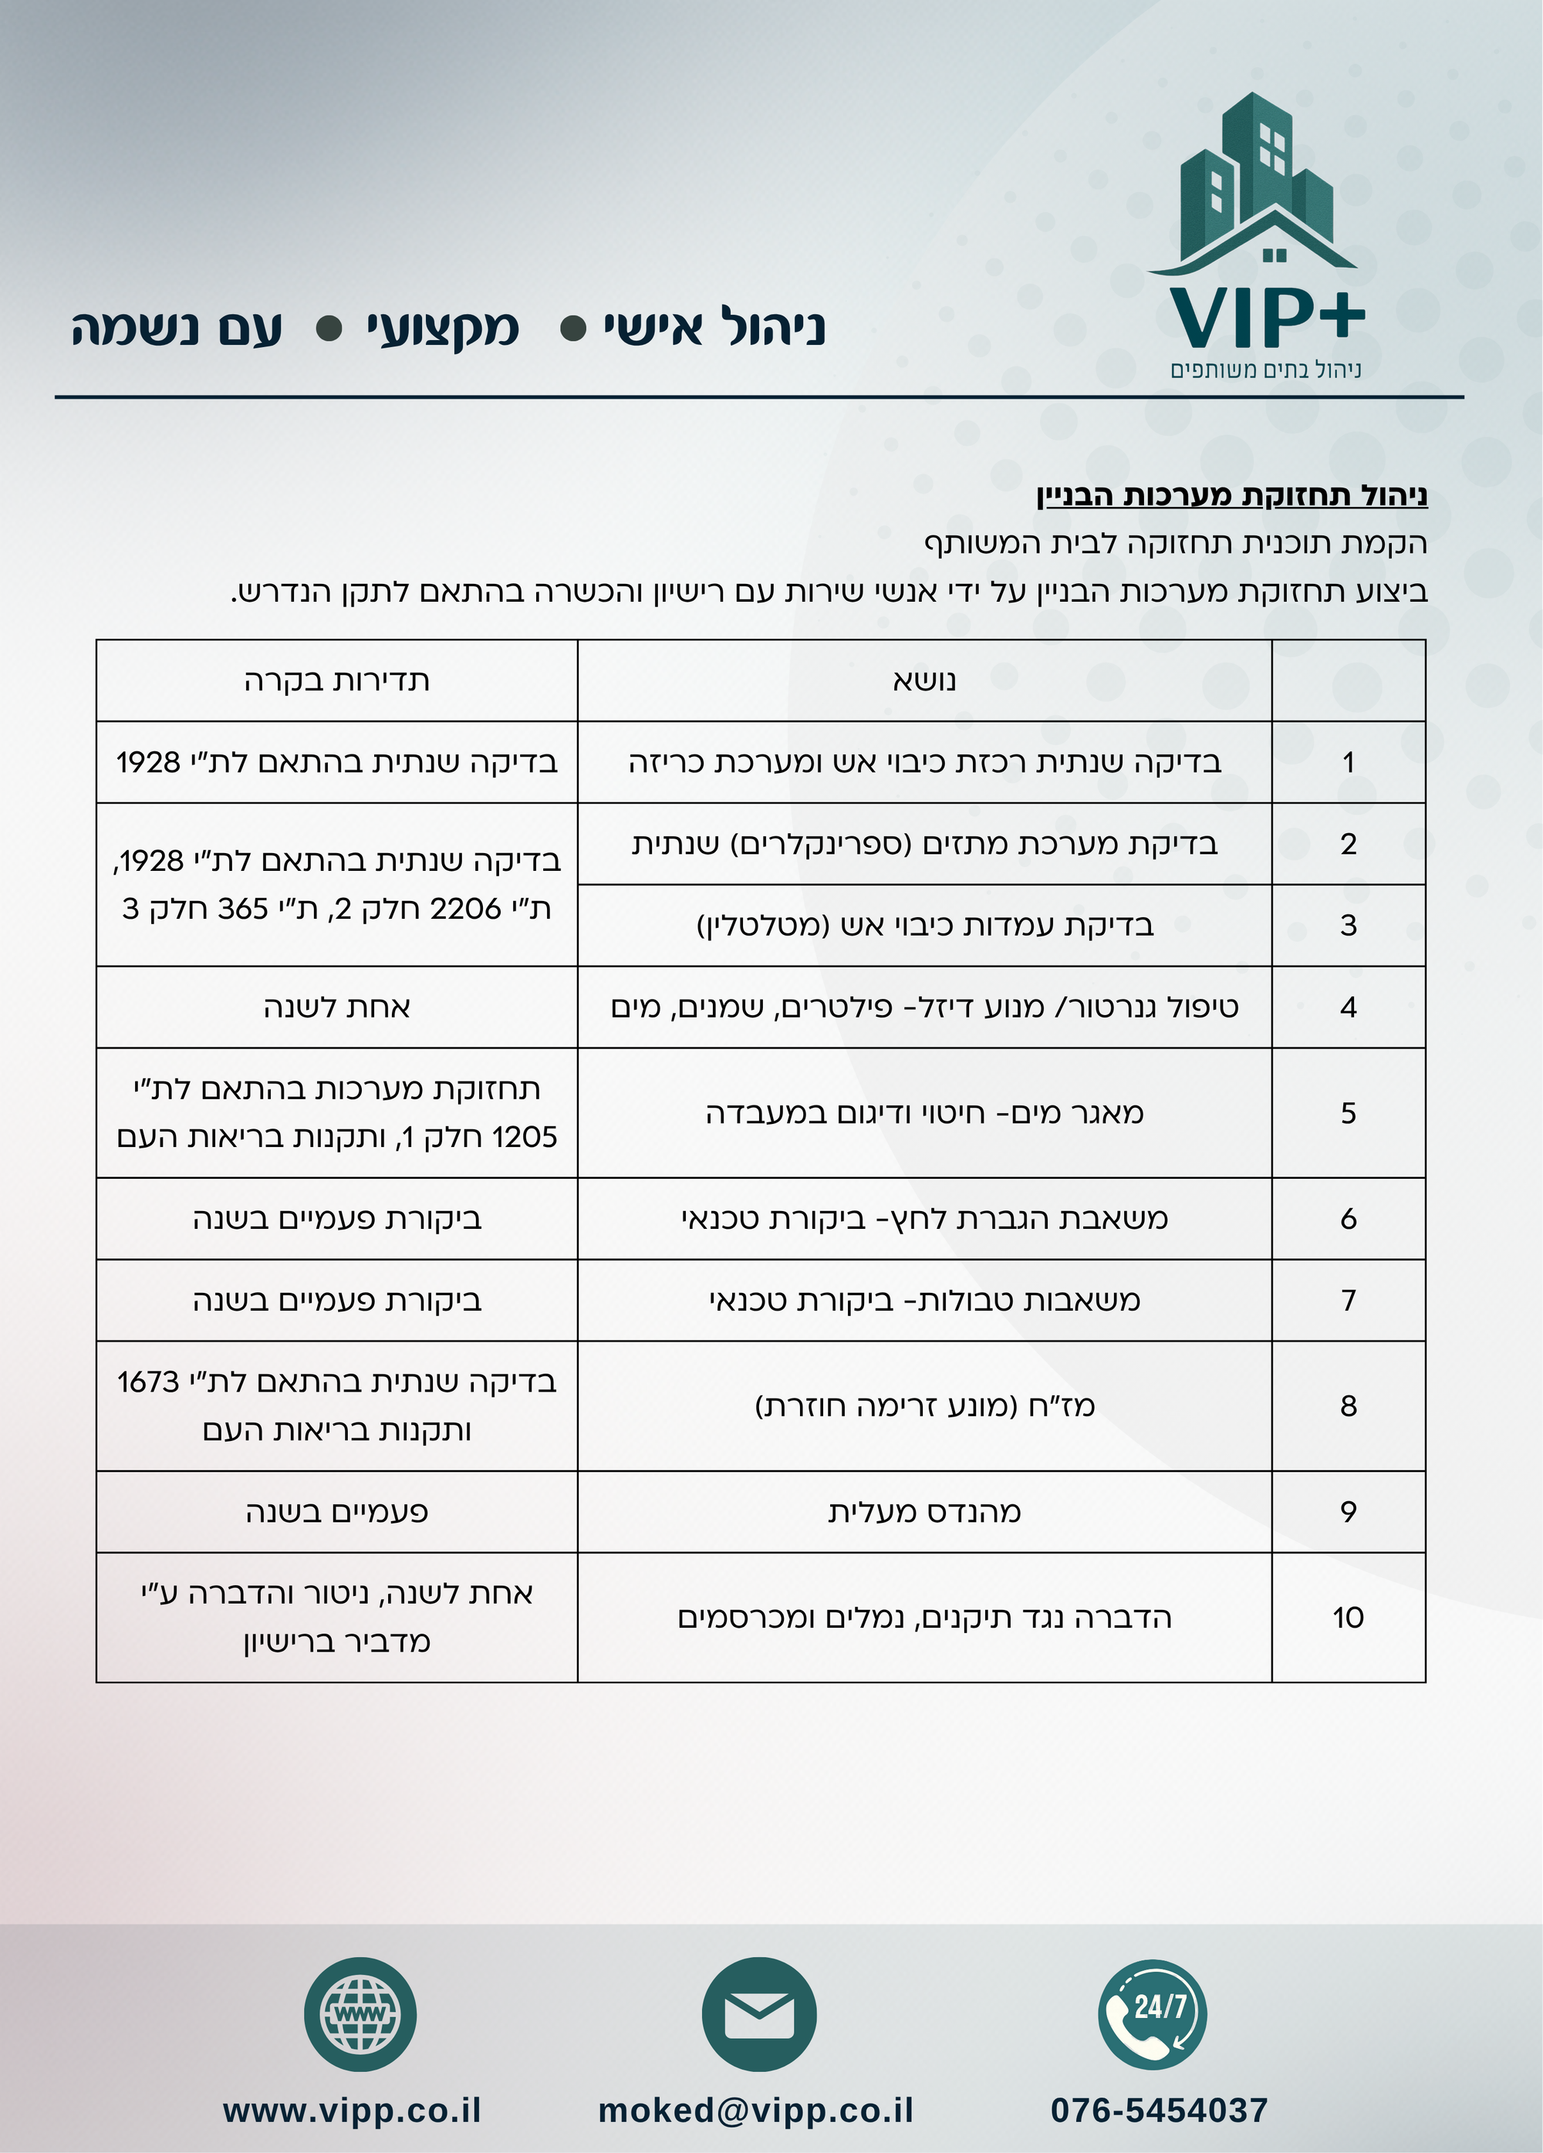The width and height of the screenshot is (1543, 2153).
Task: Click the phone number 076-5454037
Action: click(x=1159, y=2111)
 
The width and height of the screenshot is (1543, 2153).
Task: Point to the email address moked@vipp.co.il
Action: click(x=756, y=2111)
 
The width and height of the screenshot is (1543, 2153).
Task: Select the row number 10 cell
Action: click(x=1347, y=1617)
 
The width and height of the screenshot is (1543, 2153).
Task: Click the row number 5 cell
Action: click(x=1347, y=1112)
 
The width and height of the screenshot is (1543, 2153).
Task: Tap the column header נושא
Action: click(x=924, y=680)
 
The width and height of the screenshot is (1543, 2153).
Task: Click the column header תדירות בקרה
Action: click(x=336, y=680)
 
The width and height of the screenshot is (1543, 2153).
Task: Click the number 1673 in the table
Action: click(x=148, y=1382)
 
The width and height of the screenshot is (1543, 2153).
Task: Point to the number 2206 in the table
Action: click(x=465, y=909)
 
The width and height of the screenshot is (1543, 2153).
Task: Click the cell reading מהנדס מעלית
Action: click(x=924, y=1511)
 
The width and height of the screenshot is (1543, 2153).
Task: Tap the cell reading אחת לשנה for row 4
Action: click(x=336, y=1007)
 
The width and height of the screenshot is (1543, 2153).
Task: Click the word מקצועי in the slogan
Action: click(x=443, y=329)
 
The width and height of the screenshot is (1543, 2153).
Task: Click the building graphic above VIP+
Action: click(x=1255, y=181)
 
